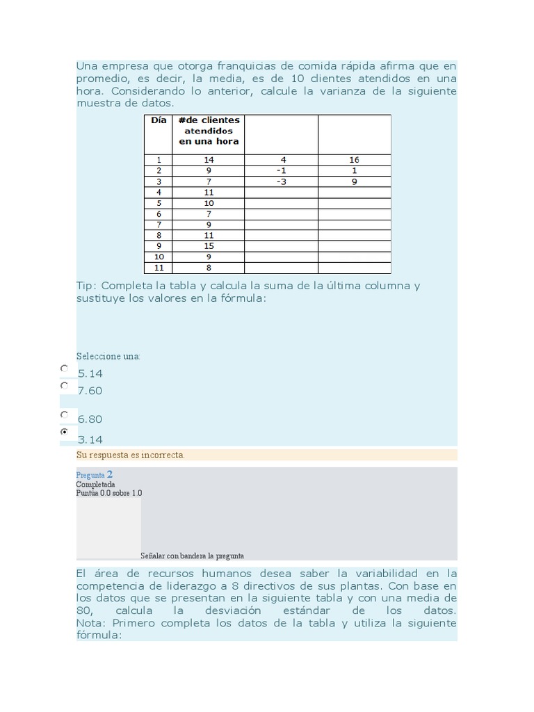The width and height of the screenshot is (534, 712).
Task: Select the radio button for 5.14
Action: coord(65,369)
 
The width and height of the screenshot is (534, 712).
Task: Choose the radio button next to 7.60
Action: coord(65,385)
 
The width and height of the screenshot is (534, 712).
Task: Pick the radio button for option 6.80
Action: coord(65,414)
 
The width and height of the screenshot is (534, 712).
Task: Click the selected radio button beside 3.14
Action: coord(65,432)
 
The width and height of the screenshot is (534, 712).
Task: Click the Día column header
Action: coord(159,120)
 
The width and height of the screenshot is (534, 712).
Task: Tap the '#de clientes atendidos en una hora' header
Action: coord(209,131)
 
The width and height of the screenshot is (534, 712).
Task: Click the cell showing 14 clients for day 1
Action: coord(209,160)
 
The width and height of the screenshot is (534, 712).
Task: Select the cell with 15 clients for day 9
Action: coord(209,246)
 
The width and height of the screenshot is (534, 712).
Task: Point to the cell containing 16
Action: coord(354,160)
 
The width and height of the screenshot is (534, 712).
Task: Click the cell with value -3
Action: coord(281,181)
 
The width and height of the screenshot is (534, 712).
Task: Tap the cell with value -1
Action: coord(281,170)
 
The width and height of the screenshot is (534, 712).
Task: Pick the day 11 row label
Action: coord(159,268)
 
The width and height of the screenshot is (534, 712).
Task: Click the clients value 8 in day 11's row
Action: coord(209,268)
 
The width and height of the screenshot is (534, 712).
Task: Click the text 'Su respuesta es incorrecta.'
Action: coord(131,455)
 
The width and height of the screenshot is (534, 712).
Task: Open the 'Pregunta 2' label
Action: coord(94,475)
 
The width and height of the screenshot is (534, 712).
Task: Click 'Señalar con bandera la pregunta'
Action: coord(192,556)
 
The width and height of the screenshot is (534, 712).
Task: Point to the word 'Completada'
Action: coord(95,485)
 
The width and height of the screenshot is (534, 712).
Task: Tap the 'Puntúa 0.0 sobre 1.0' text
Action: coord(109,493)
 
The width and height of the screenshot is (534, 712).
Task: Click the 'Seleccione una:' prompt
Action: coord(108,356)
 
